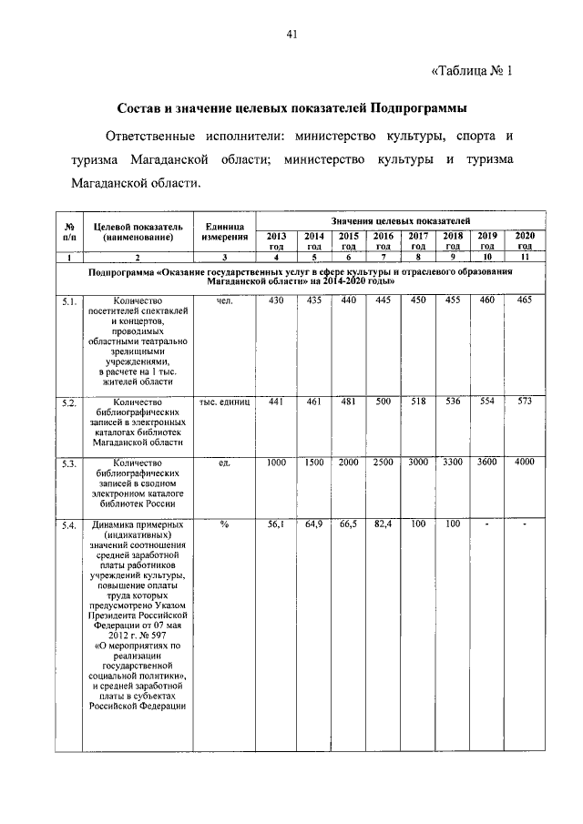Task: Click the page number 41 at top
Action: [x=291, y=36]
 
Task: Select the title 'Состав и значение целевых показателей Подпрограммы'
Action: [x=291, y=108]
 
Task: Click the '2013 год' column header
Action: [x=276, y=240]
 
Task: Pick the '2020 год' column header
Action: [x=525, y=240]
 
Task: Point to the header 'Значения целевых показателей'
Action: [x=400, y=221]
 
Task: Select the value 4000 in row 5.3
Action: [x=524, y=463]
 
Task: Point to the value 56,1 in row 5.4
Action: [x=275, y=525]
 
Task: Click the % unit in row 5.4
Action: [x=224, y=525]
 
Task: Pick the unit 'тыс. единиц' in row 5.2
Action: [x=224, y=402]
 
